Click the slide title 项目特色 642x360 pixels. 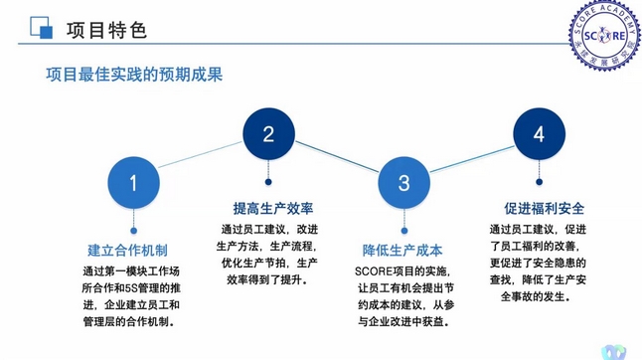[x=106, y=29]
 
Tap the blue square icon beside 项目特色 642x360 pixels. [x=40, y=28]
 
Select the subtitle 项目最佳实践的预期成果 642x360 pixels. [x=134, y=74]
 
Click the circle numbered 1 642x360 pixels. [x=134, y=182]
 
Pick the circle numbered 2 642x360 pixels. [x=268, y=135]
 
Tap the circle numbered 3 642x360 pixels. [x=403, y=182]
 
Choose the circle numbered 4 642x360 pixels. [x=538, y=135]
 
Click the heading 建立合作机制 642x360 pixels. [x=126, y=250]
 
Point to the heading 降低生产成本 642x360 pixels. [x=402, y=250]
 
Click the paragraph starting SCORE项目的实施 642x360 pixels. [x=402, y=295]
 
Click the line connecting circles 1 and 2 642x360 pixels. [x=202, y=158]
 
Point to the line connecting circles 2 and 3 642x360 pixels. [x=336, y=159]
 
